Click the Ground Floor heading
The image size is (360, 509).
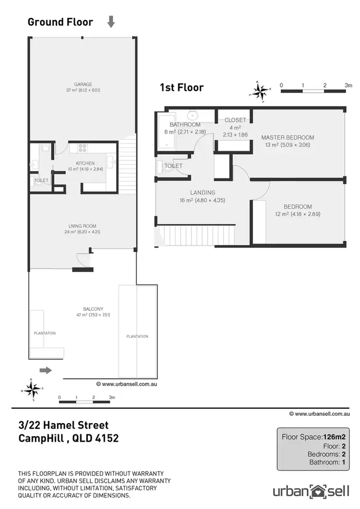(x=60, y=22)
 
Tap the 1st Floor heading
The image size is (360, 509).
(x=181, y=87)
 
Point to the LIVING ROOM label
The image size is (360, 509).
(x=83, y=226)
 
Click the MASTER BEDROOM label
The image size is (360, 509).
(x=288, y=138)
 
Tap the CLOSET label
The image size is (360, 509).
(x=235, y=120)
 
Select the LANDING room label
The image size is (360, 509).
(x=202, y=193)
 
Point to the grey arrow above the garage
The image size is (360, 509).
(x=111, y=22)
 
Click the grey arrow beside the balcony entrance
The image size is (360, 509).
(x=45, y=370)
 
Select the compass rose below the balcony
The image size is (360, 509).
(x=32, y=389)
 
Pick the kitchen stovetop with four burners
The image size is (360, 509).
(x=82, y=148)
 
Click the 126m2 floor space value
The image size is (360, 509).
(x=335, y=437)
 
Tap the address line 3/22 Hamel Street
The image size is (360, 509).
(x=63, y=425)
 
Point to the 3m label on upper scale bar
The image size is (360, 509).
(x=348, y=85)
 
